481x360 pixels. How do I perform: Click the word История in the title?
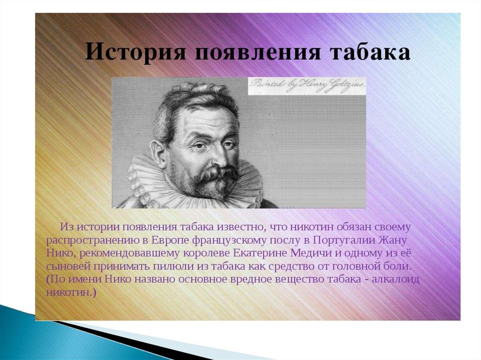coord(135,52)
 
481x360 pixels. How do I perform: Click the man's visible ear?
coord(158,151)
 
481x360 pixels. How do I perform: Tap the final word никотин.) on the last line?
coord(71,292)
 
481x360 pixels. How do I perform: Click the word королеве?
coord(207,253)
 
